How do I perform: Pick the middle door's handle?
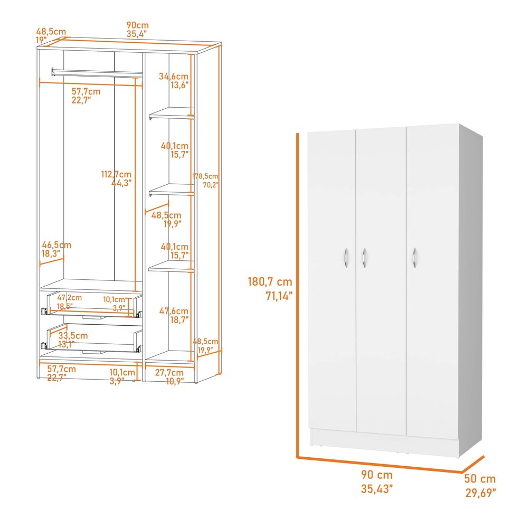click(x=364, y=257)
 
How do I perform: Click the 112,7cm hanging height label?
click(x=117, y=174)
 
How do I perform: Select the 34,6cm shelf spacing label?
click(x=174, y=76)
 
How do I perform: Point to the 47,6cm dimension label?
click(x=174, y=311)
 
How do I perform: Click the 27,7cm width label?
click(x=169, y=372)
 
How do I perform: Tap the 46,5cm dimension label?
click(x=56, y=245)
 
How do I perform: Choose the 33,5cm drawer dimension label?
click(x=73, y=336)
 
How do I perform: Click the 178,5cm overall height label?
click(x=205, y=176)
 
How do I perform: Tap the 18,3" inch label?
click(x=51, y=254)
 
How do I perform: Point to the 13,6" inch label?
click(x=180, y=85)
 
